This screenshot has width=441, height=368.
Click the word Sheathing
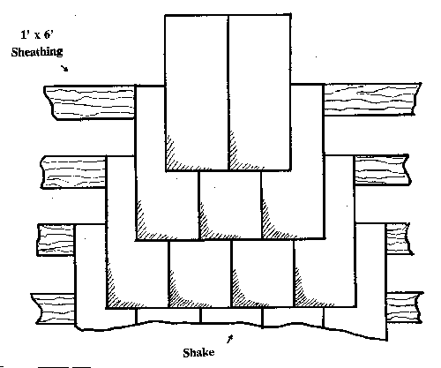[x=37, y=52]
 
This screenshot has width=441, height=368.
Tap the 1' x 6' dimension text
[x=37, y=34]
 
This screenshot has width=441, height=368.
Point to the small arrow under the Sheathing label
[x=64, y=68]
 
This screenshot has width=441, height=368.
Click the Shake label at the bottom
[x=198, y=352]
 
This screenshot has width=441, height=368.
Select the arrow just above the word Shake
[x=230, y=339]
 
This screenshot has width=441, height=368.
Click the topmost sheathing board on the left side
[x=89, y=102]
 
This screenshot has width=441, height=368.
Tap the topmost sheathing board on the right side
[x=372, y=99]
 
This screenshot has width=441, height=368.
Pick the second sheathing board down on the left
[x=73, y=172]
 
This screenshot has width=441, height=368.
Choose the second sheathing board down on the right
[x=382, y=169]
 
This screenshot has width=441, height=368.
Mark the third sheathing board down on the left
[x=56, y=240]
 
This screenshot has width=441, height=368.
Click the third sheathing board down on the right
[x=400, y=238]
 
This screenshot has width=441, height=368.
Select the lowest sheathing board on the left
[x=53, y=309]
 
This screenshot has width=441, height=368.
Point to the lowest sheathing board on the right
[x=405, y=308]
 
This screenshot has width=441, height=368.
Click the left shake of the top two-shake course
[x=197, y=93]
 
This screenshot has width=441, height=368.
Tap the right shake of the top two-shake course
[x=259, y=92]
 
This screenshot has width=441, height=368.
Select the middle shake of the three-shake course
[x=230, y=206]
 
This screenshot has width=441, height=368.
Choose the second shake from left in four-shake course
[x=200, y=274]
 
